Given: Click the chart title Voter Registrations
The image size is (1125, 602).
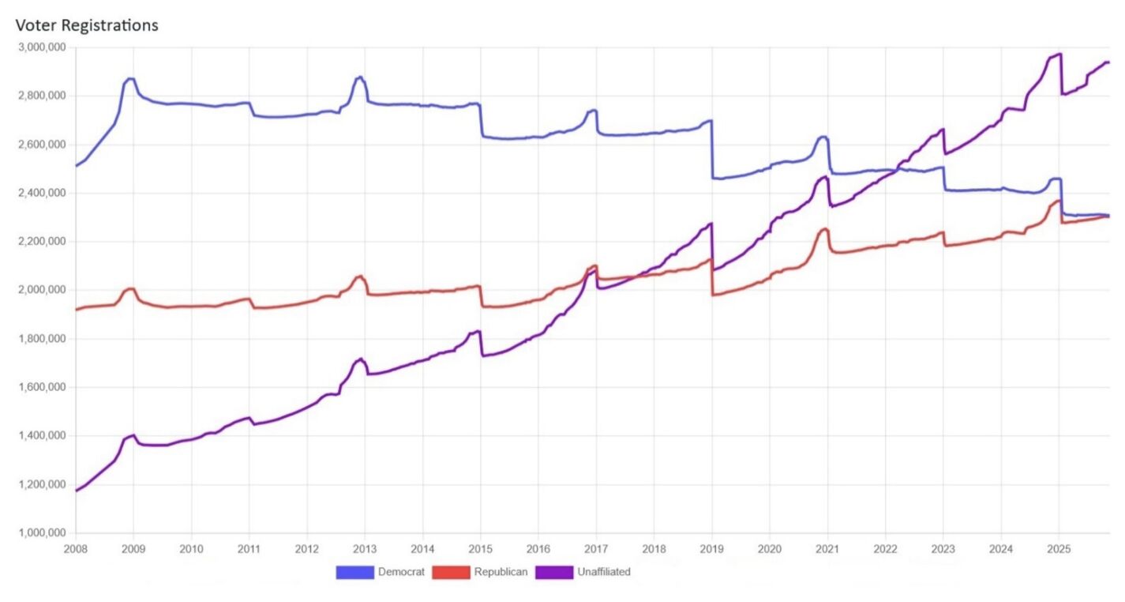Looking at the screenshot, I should (87, 25).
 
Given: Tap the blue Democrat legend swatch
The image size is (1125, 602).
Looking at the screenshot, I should (354, 572).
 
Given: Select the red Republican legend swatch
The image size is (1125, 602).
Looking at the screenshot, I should (451, 572).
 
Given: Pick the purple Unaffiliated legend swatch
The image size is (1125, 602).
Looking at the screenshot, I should (555, 572).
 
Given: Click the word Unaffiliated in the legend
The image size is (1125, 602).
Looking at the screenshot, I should (605, 572).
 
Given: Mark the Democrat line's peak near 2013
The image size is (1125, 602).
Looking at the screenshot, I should (360, 77).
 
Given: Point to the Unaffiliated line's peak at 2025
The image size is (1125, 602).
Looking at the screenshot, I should (1059, 54).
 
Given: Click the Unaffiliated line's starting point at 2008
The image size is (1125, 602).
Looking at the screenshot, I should (76, 491).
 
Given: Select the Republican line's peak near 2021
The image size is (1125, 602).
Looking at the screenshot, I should (825, 229).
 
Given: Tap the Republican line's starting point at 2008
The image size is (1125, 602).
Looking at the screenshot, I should (76, 309).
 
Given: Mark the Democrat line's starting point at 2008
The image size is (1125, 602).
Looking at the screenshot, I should (76, 166).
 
